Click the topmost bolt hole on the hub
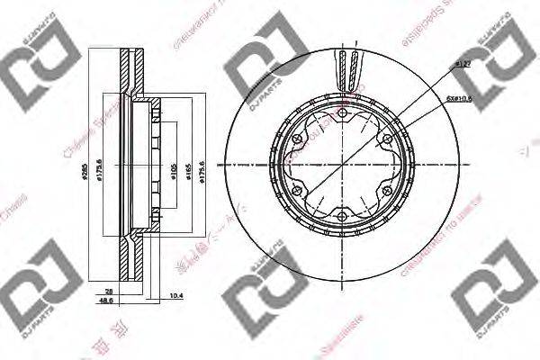coord(344,112)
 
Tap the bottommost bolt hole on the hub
coord(344,216)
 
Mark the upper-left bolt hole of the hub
coord(299,139)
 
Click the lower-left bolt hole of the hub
coord(299,190)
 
